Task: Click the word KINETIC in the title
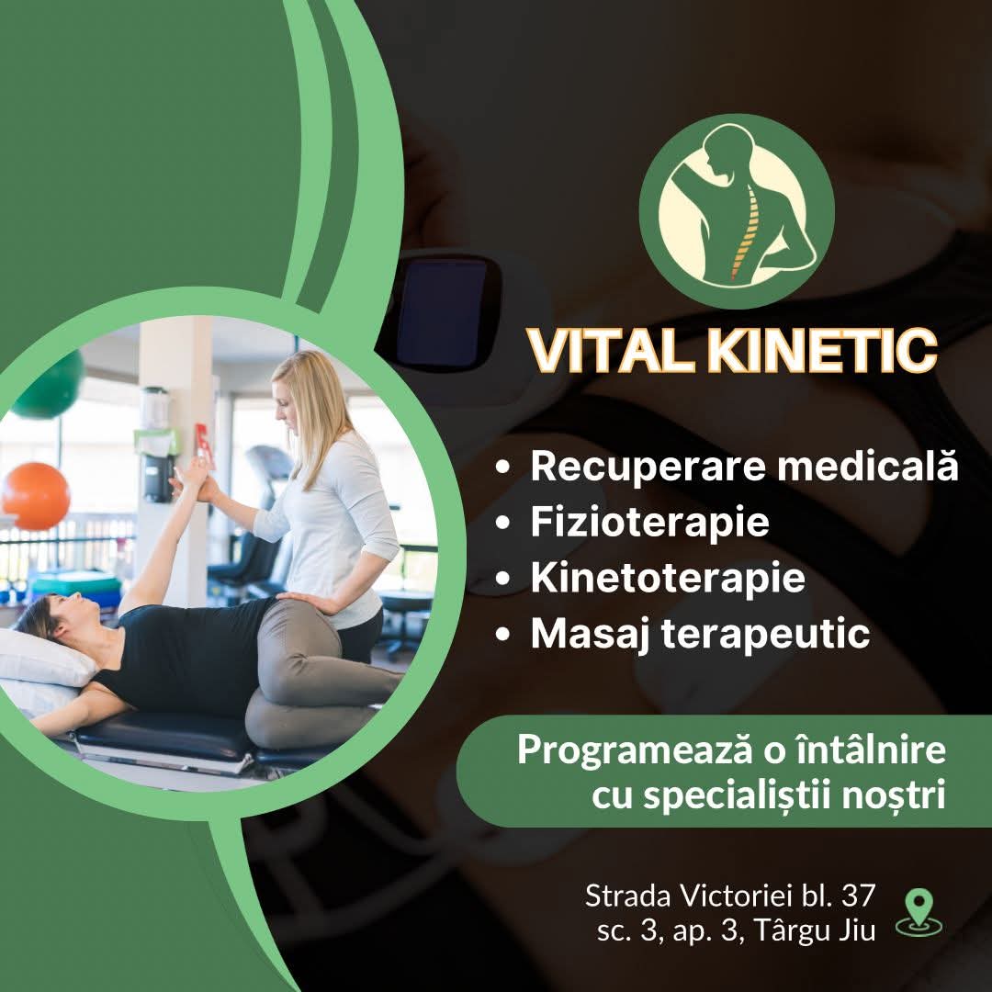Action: pyautogui.click(x=822, y=351)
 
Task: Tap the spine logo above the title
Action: pyautogui.click(x=737, y=210)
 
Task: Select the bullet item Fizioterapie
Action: pyautogui.click(x=649, y=523)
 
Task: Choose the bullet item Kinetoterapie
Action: pyautogui.click(x=668, y=579)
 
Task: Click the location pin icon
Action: pyautogui.click(x=919, y=912)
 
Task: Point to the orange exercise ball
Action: pyautogui.click(x=36, y=496)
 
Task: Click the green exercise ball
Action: pyautogui.click(x=51, y=386)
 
